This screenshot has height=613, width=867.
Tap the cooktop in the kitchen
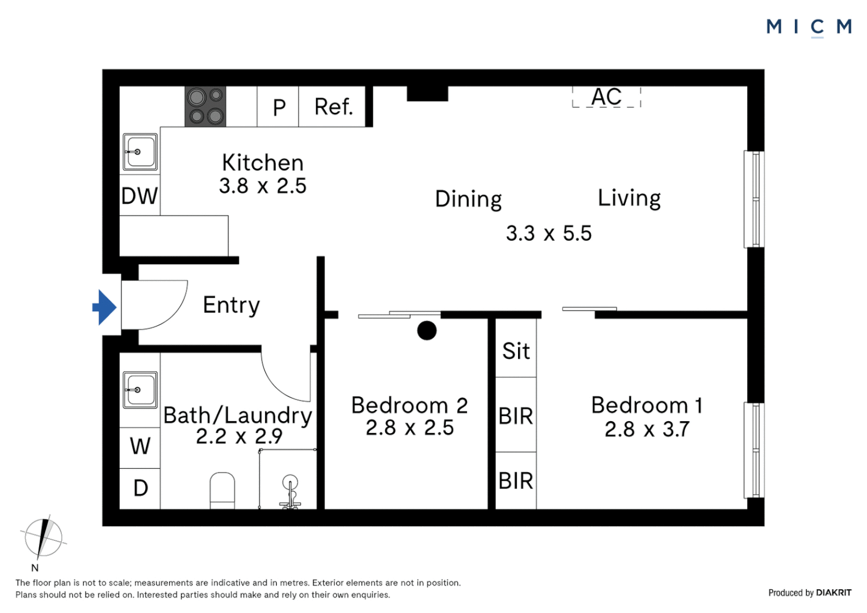205,107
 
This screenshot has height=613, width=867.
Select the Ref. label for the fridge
334,107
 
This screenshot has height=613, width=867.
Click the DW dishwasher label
140,196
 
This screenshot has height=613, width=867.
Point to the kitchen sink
140,152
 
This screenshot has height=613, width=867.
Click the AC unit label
606,96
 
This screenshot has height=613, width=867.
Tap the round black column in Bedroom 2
427,331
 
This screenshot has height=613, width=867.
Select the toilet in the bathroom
222,490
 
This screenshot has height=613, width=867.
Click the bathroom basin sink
140,390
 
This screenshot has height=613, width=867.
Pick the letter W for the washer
140,446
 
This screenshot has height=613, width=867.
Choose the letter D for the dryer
141,488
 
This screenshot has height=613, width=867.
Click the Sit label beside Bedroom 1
516,351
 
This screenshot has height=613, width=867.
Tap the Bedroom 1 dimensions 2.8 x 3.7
647,429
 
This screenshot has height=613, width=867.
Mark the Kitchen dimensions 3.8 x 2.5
263,186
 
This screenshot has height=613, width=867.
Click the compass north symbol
43,538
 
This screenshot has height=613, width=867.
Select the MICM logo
809,27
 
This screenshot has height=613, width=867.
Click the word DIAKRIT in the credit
834,593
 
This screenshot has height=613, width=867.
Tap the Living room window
754,199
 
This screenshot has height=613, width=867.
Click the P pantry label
279,108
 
